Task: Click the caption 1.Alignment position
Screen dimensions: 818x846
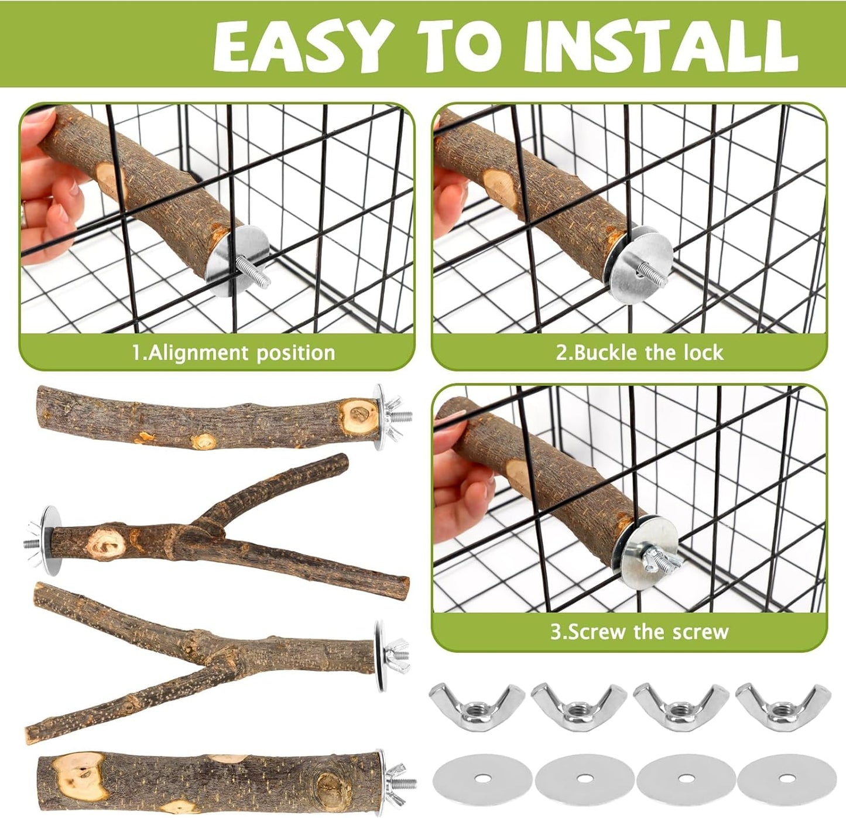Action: click(x=233, y=352)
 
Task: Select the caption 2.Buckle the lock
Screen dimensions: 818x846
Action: click(x=639, y=352)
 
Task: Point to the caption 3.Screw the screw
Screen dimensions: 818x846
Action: click(x=639, y=632)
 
